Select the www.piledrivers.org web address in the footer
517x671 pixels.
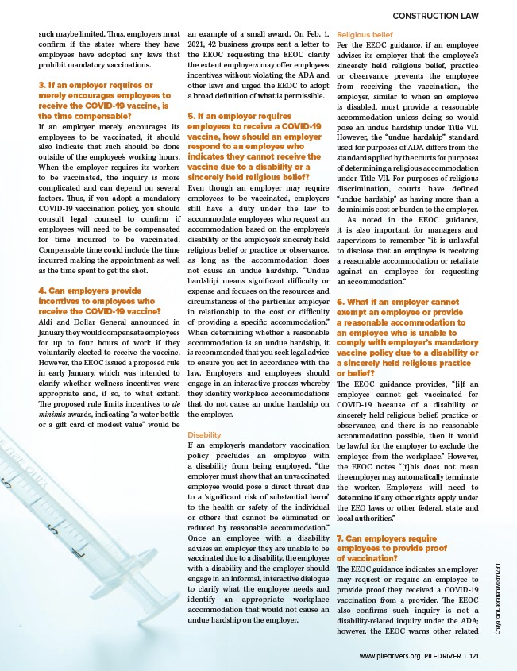pos(390,656)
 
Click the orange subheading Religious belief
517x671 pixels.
pos(365,35)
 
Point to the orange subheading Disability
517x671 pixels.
pos(204,435)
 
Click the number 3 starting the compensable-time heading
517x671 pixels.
pos(41,85)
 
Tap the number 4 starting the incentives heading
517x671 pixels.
pos(41,291)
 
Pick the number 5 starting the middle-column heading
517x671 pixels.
pos(190,116)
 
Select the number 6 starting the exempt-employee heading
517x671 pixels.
pos(340,302)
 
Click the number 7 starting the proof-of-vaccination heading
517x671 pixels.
pos(340,538)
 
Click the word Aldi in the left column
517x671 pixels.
pos(46,322)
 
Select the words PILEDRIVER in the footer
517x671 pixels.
pos(442,656)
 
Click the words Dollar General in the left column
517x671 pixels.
pos(90,322)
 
